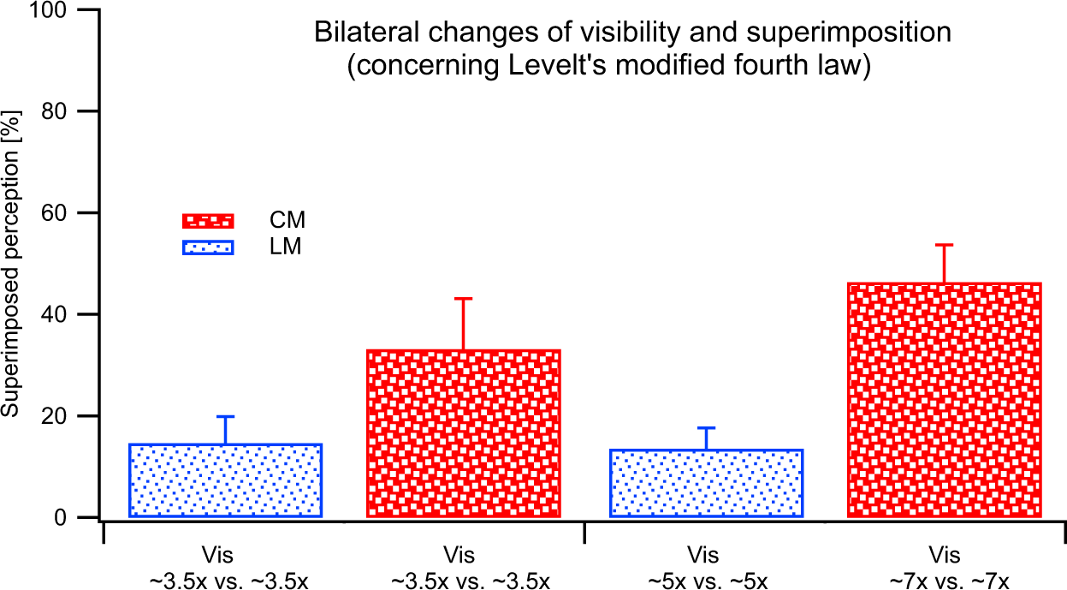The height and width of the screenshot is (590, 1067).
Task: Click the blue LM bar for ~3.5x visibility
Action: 225,480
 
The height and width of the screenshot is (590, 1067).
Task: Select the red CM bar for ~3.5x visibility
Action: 463,433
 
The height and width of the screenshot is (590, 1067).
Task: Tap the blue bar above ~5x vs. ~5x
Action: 706,483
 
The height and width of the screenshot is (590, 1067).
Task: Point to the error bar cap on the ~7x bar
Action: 944,245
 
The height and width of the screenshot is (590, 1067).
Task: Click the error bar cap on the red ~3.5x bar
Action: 463,298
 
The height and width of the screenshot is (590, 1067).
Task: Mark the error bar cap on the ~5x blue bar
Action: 706,427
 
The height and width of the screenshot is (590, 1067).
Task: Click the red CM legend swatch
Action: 208,221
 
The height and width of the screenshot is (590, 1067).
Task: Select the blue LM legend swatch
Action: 208,247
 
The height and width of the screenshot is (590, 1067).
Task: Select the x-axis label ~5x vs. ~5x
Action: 706,579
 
